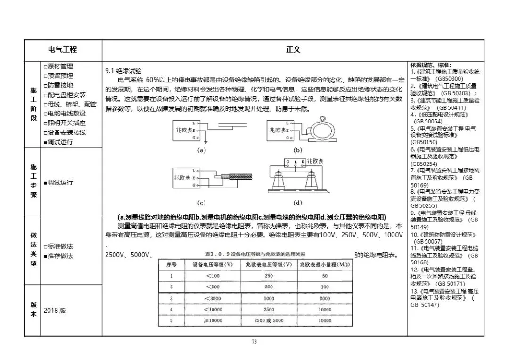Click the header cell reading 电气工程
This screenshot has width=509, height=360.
(63, 49)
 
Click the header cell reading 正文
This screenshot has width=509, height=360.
(293, 49)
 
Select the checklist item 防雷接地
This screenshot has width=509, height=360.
(58, 85)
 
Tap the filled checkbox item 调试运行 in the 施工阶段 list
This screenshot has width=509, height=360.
(58, 142)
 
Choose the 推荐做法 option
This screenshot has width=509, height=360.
(58, 256)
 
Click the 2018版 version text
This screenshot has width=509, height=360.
(55, 311)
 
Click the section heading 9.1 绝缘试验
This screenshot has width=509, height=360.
(123, 71)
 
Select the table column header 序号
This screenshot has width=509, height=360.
(171, 264)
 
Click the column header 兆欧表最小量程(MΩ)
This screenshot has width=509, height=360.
(325, 264)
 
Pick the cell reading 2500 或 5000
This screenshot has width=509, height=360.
(269, 320)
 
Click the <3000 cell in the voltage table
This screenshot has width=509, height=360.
(213, 298)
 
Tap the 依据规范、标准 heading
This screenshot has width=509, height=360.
(430, 65)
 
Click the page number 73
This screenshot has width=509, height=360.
(254, 342)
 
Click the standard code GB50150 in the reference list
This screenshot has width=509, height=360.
(424, 142)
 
